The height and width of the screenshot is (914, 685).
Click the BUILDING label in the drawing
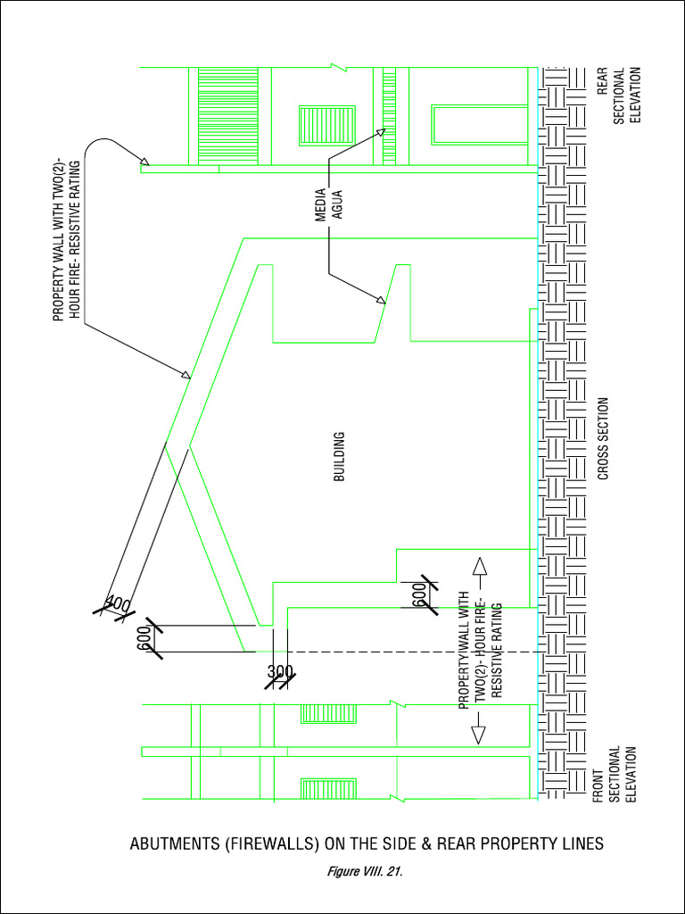point(339,457)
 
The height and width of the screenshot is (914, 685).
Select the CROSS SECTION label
point(603,439)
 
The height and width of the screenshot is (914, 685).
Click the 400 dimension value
point(118,605)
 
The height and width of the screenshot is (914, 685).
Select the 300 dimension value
point(280,671)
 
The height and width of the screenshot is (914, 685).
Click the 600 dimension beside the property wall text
point(418,594)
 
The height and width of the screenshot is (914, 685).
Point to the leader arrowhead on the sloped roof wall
point(186,377)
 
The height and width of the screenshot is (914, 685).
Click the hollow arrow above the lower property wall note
point(477,567)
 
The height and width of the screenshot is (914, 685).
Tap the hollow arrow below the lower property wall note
point(477,734)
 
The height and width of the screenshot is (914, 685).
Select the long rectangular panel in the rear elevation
point(480,125)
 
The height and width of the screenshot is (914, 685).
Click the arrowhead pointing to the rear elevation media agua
point(381,132)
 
